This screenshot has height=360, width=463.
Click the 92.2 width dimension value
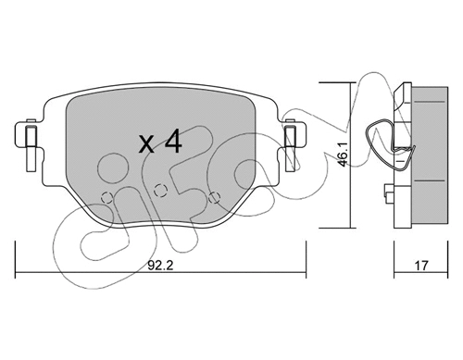click(160, 266)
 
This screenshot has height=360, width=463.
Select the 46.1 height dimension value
click(343, 155)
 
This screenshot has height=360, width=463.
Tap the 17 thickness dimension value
click(421, 266)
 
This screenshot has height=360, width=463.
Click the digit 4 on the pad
click(173, 141)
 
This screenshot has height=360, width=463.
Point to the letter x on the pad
click(146, 144)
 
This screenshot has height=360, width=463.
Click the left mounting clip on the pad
click(31, 145)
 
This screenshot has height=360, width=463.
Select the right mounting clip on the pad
click(290, 145)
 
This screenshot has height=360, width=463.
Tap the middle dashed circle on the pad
click(160, 190)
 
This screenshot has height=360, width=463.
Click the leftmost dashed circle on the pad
click(107, 197)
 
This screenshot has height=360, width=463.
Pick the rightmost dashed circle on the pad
click(214, 197)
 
